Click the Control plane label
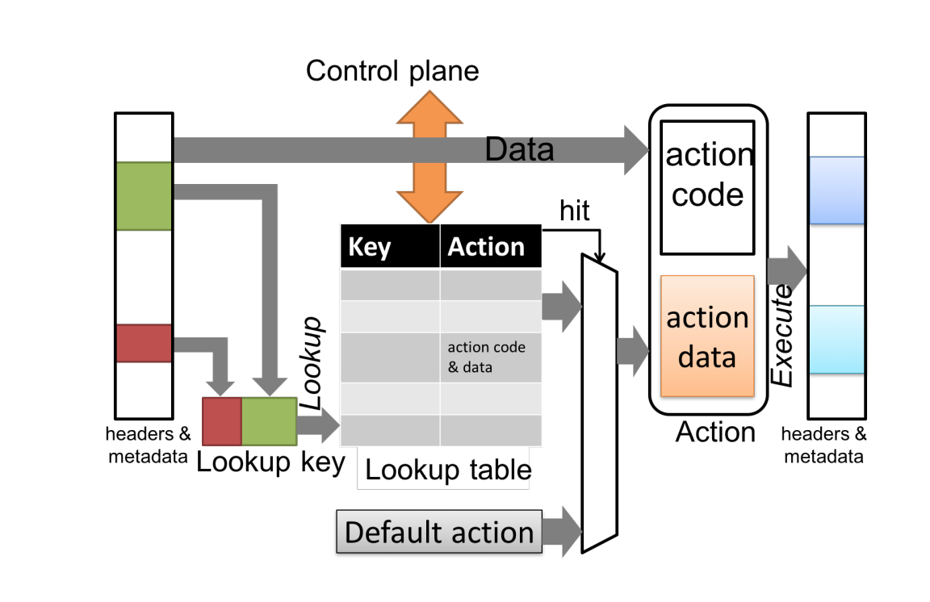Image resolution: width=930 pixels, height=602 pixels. point(392,71)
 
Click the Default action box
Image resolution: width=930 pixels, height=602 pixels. point(438,533)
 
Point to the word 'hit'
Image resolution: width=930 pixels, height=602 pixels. point(575,211)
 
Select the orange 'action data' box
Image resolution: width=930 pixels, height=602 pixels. point(707,337)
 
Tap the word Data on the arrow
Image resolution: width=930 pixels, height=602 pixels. point(519,149)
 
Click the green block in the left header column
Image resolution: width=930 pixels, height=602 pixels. point(144,196)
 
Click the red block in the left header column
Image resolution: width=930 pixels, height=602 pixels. point(144,343)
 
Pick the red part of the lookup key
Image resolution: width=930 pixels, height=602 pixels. point(221,421)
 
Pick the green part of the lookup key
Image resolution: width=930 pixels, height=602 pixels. point(269,421)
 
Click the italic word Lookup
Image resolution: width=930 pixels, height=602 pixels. point(312,362)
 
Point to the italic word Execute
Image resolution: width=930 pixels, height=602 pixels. point(781,334)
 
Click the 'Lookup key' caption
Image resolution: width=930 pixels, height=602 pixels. point(270,463)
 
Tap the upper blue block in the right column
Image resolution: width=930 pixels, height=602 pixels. point(836,190)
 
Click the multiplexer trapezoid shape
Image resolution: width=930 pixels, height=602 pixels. point(598,403)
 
